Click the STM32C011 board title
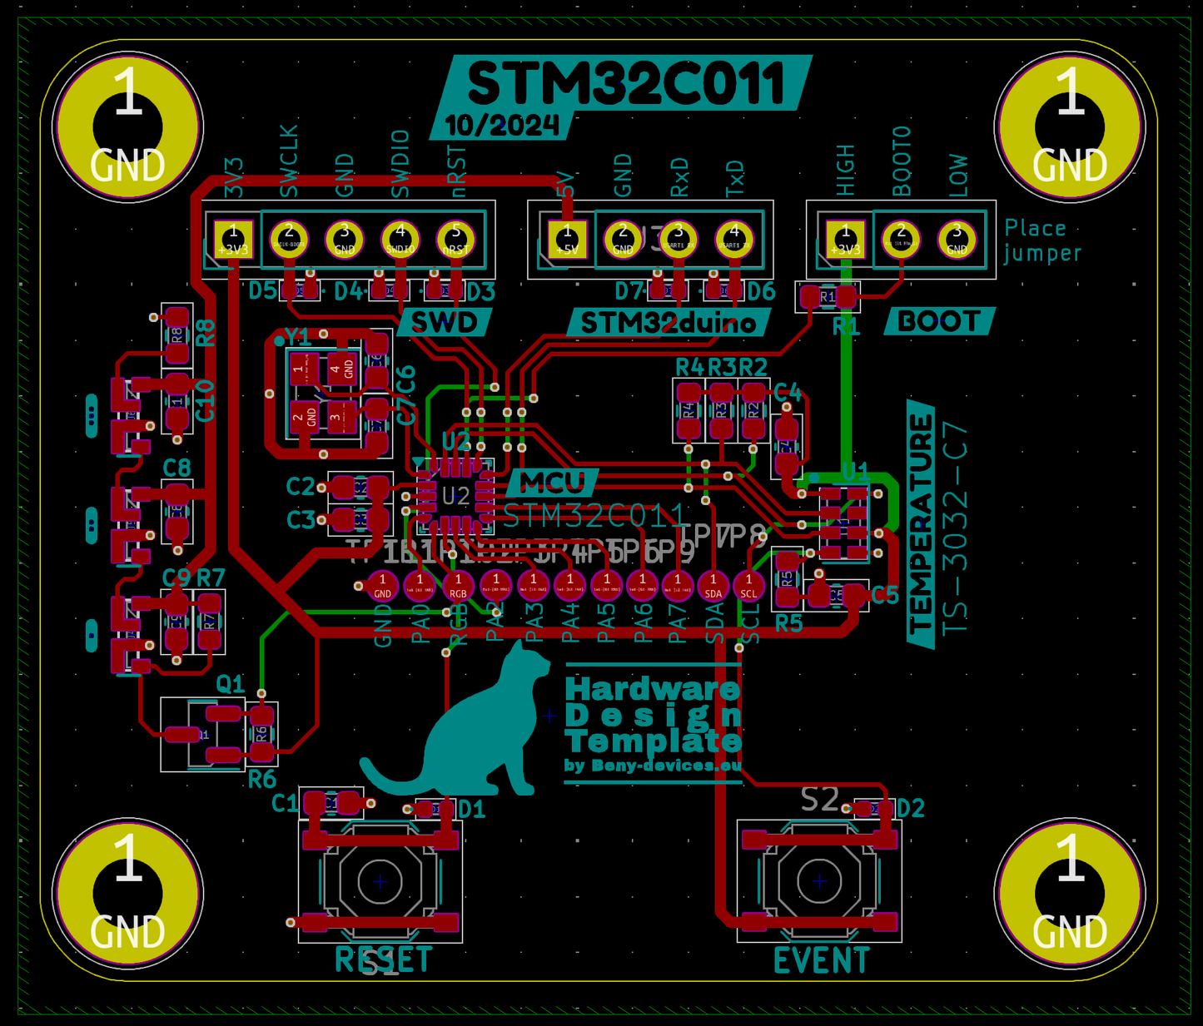click(626, 83)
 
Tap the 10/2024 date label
click(501, 126)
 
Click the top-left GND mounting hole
click(127, 127)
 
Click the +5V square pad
click(567, 240)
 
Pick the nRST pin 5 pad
click(455, 240)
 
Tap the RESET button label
click(383, 960)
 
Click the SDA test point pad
click(713, 585)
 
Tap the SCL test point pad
click(749, 585)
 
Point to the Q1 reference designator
click(231, 684)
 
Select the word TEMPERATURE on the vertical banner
click(921, 524)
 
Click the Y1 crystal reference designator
click(297, 337)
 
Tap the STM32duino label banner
click(668, 323)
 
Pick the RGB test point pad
click(458, 585)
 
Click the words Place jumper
click(1042, 240)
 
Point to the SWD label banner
click(445, 322)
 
